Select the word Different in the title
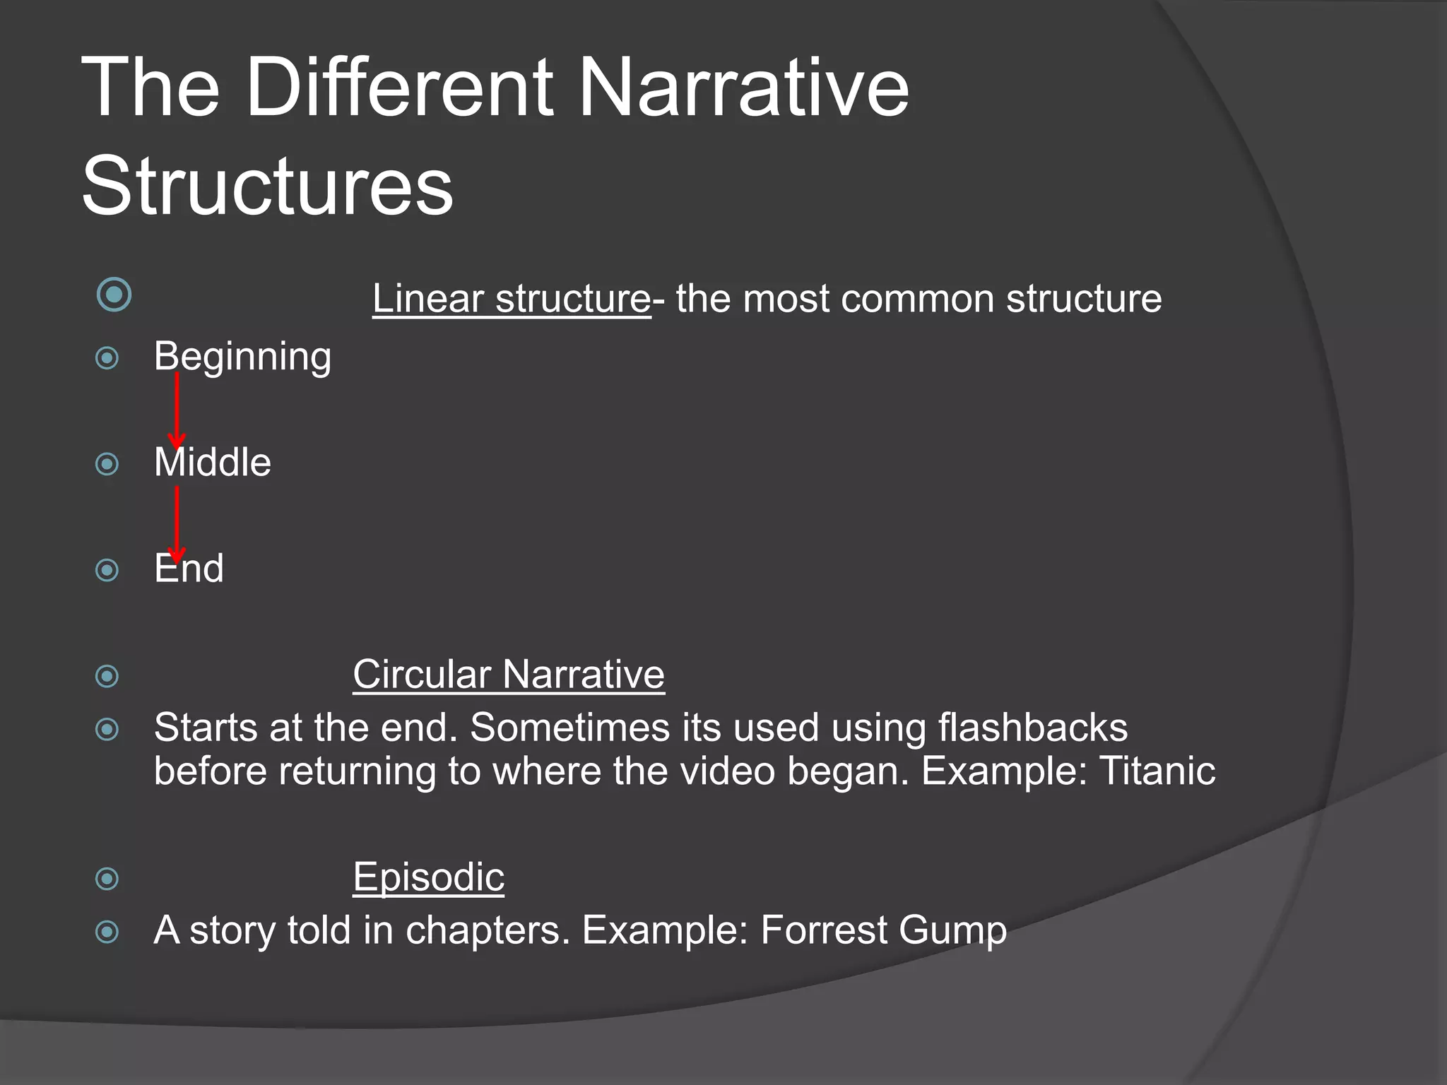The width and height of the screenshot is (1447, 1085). (x=399, y=88)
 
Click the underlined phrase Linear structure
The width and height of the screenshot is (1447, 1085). (x=511, y=299)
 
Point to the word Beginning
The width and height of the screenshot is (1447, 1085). (x=242, y=357)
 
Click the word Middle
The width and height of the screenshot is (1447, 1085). (x=213, y=463)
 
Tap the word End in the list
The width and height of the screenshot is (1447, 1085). (x=189, y=569)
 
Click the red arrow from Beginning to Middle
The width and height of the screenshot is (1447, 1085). (x=177, y=410)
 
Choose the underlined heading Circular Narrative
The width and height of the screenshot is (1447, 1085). (x=508, y=675)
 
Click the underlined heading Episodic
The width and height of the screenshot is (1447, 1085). (x=428, y=877)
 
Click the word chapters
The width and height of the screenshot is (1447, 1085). (x=488, y=931)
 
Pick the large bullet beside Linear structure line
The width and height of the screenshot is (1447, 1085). (x=114, y=295)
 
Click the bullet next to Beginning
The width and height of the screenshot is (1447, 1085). (x=107, y=358)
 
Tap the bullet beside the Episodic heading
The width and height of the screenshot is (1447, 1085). (x=107, y=879)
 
